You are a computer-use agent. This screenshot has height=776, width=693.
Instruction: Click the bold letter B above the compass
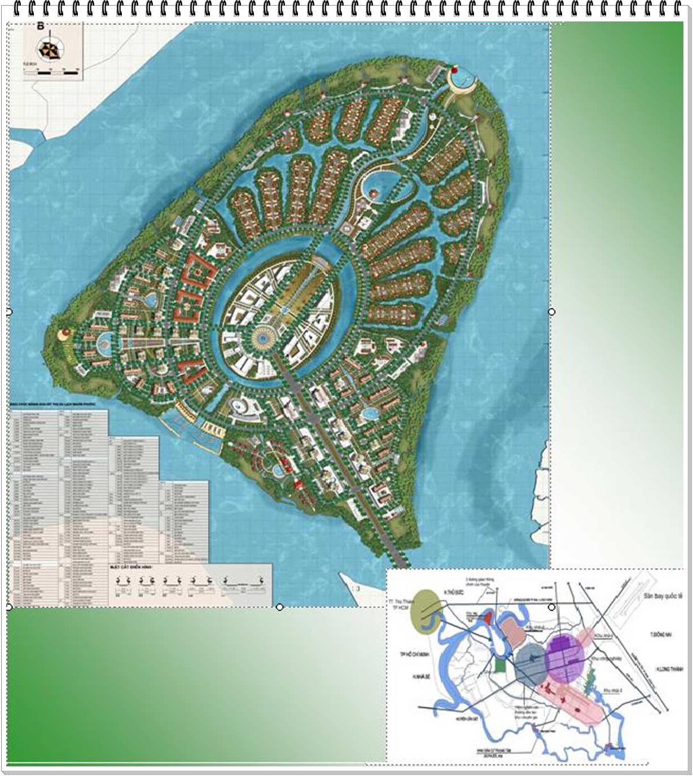click(41, 26)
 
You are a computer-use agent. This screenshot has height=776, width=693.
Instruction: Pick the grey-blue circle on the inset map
click(530, 665)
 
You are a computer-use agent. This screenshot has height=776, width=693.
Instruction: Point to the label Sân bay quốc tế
click(663, 595)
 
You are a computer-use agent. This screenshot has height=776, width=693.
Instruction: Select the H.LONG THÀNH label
click(669, 669)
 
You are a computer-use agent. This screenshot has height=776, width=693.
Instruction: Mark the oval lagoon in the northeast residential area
click(379, 184)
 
